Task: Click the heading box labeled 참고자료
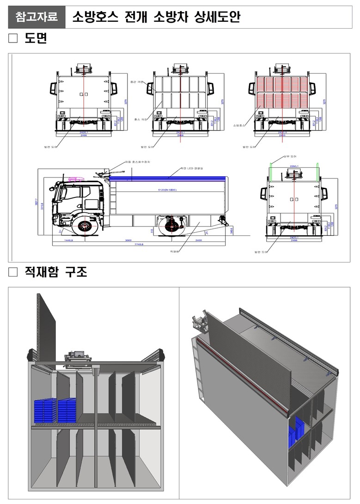[x=37, y=18]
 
